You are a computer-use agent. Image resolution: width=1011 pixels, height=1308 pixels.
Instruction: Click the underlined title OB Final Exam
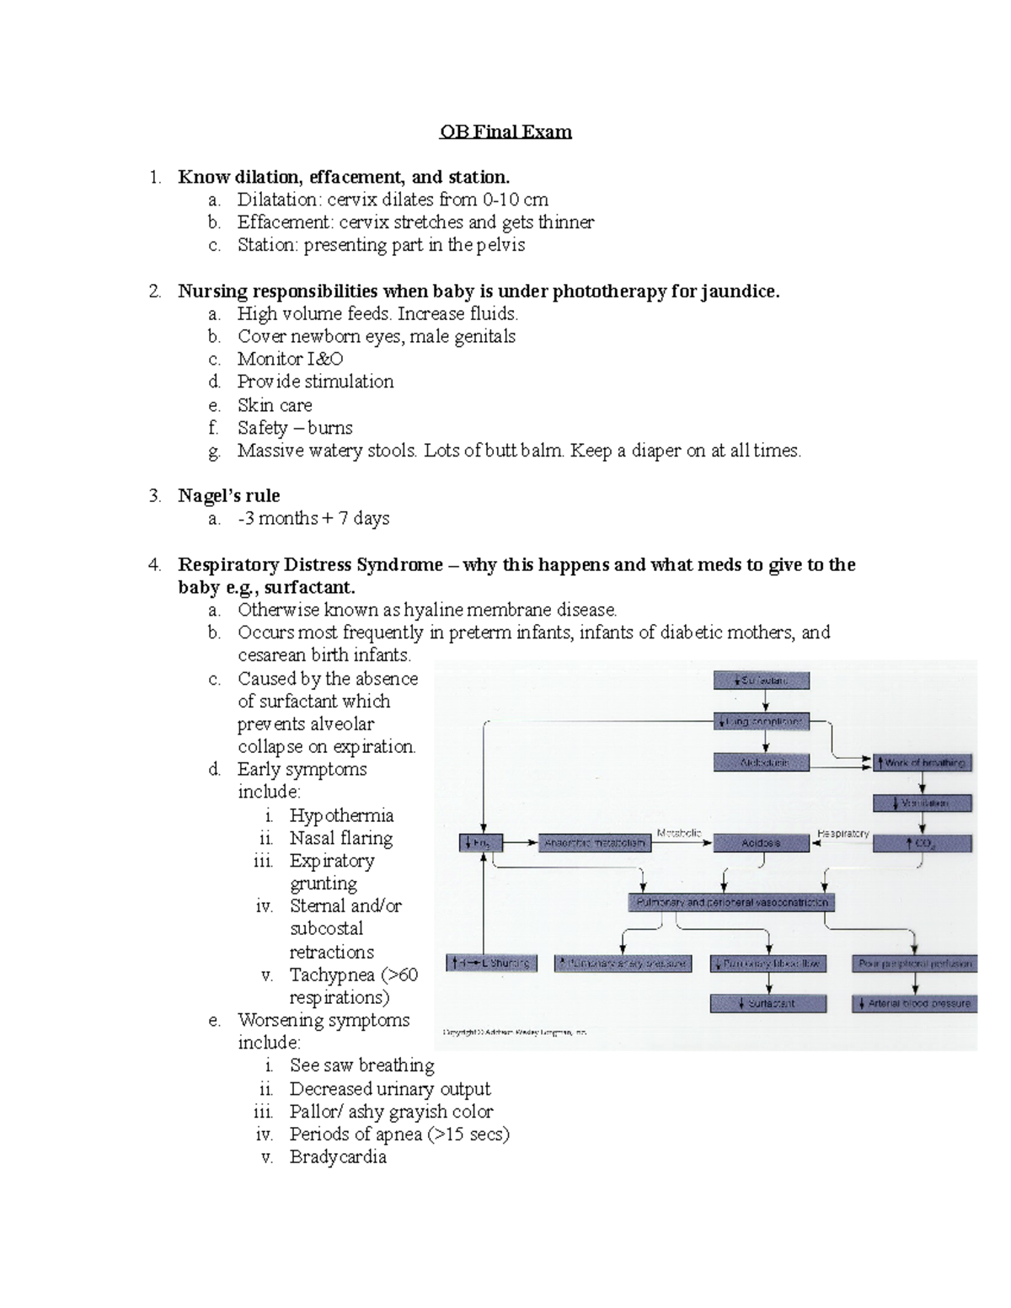[505, 131]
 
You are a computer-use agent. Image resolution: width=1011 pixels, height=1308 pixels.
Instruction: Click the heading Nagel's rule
[228, 496]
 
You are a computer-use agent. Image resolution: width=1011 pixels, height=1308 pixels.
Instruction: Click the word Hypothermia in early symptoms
[341, 815]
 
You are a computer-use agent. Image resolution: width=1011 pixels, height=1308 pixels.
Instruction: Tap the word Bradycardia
[338, 1157]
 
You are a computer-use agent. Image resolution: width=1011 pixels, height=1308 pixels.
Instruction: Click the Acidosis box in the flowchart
[761, 842]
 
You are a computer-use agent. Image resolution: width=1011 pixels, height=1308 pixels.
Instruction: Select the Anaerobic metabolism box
[595, 842]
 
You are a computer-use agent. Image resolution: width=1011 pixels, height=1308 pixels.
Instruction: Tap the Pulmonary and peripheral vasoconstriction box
[731, 902]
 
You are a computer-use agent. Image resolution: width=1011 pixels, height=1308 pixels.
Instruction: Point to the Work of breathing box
[923, 762]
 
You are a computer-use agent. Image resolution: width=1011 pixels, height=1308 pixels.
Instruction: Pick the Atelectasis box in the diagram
[762, 762]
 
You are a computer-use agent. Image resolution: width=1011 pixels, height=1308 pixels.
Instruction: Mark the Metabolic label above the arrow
[678, 832]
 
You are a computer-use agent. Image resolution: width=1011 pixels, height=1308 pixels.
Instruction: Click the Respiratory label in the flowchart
[842, 833]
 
